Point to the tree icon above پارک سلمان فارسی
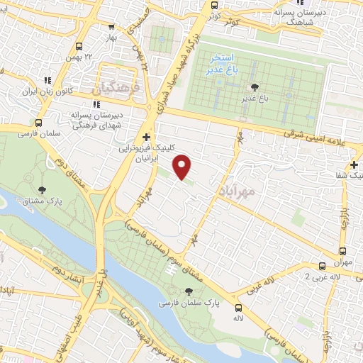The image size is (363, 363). (x=189, y=291)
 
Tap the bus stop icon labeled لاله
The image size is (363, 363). (x=238, y=308)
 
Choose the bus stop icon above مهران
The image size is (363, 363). (x=343, y=251)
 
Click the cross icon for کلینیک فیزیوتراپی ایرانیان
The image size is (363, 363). (x=146, y=137)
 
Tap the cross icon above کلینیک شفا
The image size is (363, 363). (x=353, y=164)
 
